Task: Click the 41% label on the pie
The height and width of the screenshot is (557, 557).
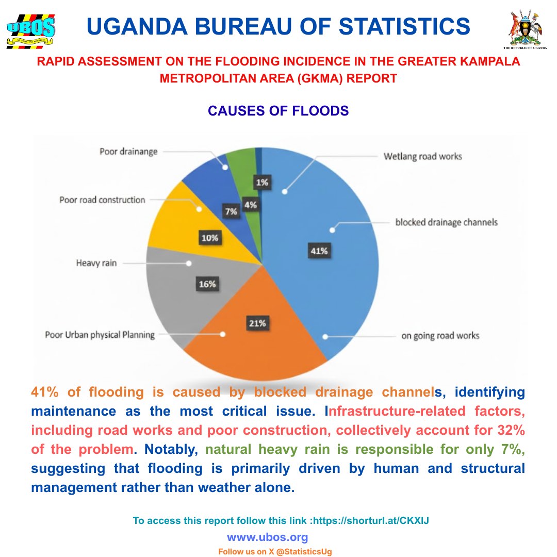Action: pos(318,251)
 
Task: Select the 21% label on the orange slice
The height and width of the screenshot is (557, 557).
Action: pos(257,323)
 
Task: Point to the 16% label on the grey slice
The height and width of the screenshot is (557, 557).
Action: pos(207,284)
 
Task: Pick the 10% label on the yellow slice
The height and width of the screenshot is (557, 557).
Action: pos(209,238)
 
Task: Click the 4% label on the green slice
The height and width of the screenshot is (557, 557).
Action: pos(251,204)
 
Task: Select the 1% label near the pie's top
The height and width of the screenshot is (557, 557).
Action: pos(261,182)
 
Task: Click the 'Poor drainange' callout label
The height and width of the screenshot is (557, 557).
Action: pos(128,152)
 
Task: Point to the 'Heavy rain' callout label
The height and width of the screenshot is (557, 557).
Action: pos(96,263)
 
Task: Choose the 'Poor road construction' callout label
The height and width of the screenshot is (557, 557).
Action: pos(102,200)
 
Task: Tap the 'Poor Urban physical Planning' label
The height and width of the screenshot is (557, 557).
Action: pos(100,335)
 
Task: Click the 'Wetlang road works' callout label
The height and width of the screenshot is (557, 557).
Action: pos(423,156)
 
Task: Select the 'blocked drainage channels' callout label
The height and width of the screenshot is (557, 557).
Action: pos(447,222)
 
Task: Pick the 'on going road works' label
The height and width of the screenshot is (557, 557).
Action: pos(440,336)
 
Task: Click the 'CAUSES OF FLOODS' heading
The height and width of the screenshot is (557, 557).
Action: pos(278,111)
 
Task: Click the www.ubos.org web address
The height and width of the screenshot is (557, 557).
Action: pos(267,537)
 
